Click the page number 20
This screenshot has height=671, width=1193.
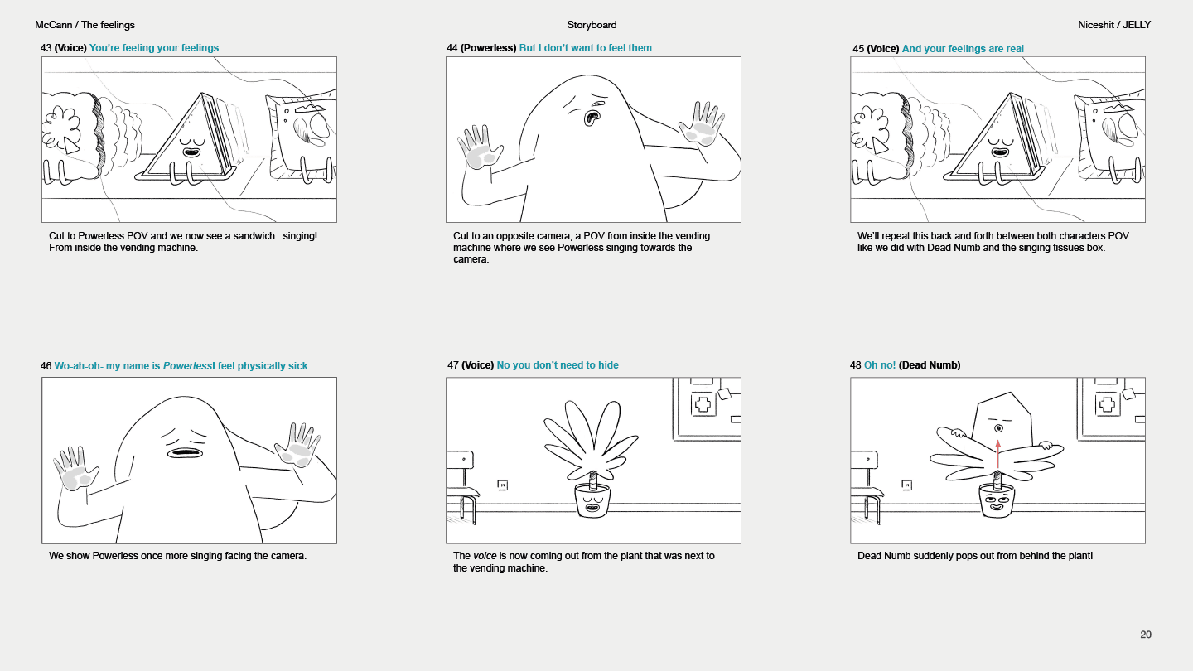(x=1146, y=635)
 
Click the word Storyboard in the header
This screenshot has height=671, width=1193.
(x=592, y=25)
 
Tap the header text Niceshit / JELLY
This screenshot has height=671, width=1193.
(x=1114, y=25)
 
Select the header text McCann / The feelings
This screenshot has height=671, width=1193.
(x=85, y=25)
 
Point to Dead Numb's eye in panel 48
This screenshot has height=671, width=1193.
(x=998, y=428)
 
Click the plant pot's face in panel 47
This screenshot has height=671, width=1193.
(x=592, y=503)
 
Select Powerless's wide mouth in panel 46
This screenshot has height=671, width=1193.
(x=184, y=452)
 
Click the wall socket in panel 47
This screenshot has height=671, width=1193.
(x=502, y=485)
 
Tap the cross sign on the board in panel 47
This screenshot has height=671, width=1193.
(x=703, y=405)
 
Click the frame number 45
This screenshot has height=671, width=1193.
(x=858, y=48)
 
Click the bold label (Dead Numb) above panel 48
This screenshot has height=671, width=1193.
(x=930, y=365)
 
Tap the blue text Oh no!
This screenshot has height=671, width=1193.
(x=880, y=365)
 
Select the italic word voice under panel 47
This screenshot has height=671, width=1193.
(x=485, y=555)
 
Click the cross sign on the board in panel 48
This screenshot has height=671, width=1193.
(x=1107, y=405)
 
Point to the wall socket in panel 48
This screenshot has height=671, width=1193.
(x=906, y=485)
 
